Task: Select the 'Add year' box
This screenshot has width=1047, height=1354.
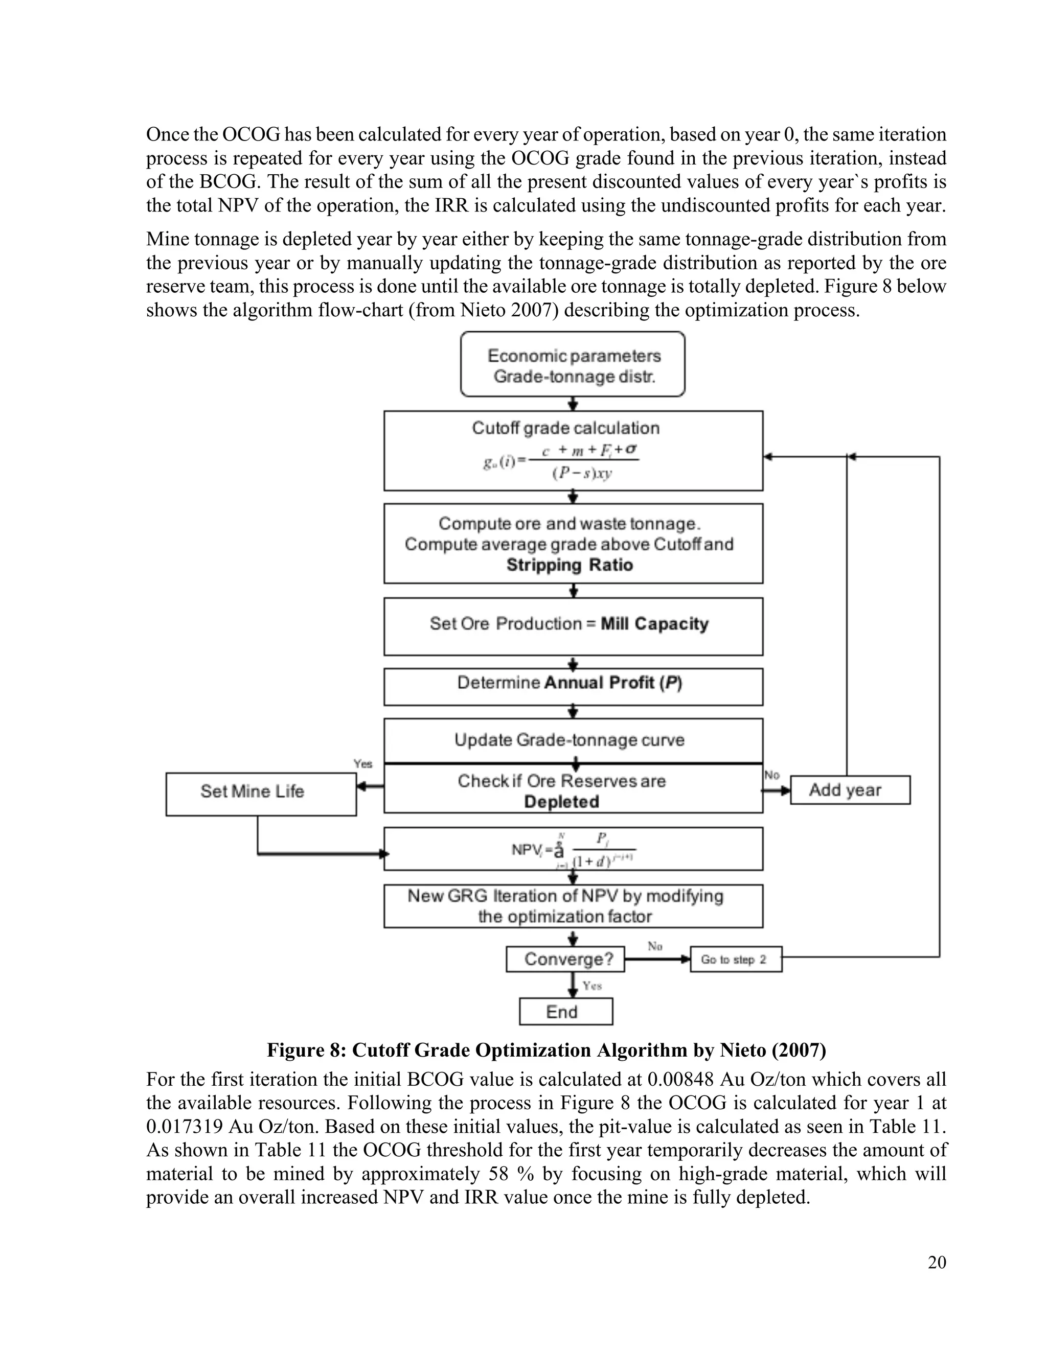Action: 850,790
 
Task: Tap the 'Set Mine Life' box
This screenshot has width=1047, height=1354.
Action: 261,793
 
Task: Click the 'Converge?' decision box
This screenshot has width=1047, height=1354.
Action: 565,959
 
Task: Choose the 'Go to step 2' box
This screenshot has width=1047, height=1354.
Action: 736,959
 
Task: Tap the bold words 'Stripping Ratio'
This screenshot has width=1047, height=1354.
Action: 570,565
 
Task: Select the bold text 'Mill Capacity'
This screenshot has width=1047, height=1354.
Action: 654,624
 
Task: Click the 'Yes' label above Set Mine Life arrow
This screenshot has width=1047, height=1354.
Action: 363,764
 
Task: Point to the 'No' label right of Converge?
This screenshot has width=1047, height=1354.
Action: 655,946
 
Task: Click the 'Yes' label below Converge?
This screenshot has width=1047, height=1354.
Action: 593,986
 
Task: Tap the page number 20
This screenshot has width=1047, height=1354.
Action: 937,1262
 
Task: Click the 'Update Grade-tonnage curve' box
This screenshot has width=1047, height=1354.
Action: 570,740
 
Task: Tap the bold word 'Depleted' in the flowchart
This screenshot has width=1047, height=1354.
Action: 561,802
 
